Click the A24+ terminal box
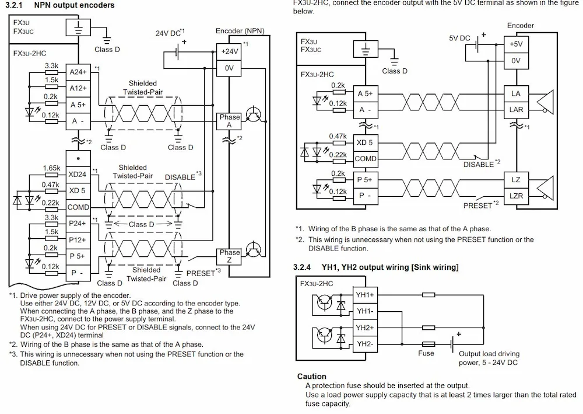coord(78,72)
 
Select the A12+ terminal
coord(78,88)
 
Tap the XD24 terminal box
coord(78,174)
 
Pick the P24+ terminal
coord(78,224)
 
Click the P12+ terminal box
coord(78,240)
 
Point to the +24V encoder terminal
coord(229,52)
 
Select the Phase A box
coord(229,121)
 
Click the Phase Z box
coord(229,256)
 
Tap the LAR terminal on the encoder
coord(516,110)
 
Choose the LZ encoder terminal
coord(516,180)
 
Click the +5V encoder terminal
coord(516,44)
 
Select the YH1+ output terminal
coord(365,295)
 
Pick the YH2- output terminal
coord(365,344)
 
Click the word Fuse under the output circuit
coord(426,353)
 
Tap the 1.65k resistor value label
coord(51,168)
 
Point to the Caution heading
coord(311,377)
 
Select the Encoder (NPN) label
coord(240,31)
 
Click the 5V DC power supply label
coord(459,39)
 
